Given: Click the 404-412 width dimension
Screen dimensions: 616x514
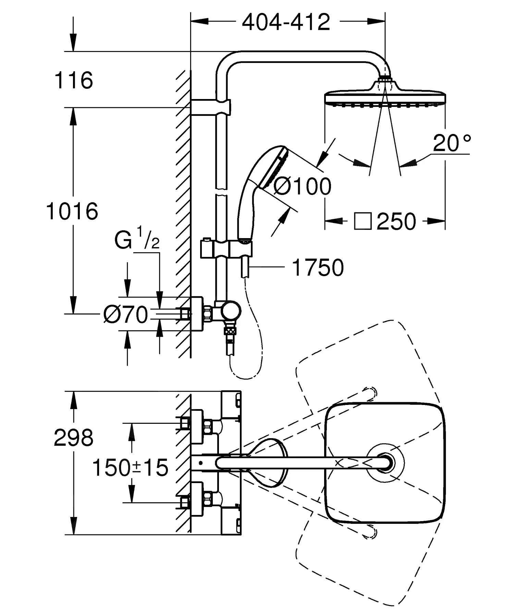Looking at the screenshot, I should [286, 22].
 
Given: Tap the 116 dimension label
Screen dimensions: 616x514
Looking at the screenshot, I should [74, 81].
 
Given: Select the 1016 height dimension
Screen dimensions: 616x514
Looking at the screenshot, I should [72, 211].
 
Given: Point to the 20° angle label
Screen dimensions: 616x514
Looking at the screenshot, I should [452, 143].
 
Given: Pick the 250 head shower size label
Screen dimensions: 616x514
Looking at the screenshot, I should [396, 222].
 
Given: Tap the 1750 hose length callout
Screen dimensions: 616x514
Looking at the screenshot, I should [318, 268].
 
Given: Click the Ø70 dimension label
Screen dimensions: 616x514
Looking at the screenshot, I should [125, 315].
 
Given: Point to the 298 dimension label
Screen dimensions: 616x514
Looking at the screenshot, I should [73, 438].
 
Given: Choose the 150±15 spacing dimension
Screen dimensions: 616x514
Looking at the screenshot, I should [130, 468].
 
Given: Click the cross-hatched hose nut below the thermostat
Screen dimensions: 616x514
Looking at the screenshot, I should [230, 331].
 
